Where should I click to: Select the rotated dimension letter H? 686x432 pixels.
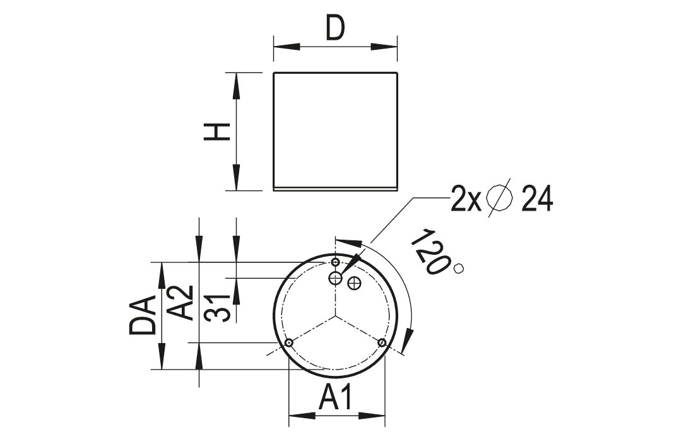pyautogui.click(x=218, y=132)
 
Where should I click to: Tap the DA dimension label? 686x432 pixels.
pyautogui.click(x=143, y=315)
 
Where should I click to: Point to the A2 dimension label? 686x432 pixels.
pyautogui.click(x=180, y=303)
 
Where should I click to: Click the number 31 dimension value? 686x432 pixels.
pyautogui.click(x=218, y=308)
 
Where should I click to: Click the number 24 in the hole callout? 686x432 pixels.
pyautogui.click(x=538, y=199)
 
